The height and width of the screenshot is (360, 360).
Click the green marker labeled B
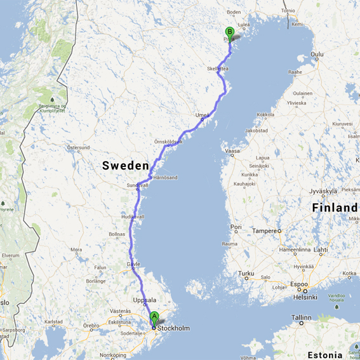[230, 32]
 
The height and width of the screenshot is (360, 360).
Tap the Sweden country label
[126, 166]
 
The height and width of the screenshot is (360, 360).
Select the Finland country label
[335, 208]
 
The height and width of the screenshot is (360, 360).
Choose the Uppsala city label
[145, 300]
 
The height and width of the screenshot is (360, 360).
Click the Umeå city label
[203, 115]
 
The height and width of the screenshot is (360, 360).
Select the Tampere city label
[265, 231]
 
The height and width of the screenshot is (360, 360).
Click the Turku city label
[245, 274]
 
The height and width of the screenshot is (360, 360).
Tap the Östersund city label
[79, 147]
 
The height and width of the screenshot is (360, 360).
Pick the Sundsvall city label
[137, 185]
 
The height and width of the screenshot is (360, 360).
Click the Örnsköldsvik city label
[168, 142]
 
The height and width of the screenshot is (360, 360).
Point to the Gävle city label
[133, 263]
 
